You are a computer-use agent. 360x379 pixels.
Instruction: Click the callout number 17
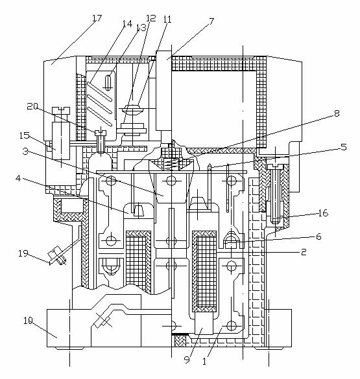pos(96,18)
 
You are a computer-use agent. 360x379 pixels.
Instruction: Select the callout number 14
pos(127,24)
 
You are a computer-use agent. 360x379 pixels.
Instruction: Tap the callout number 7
pos(211,21)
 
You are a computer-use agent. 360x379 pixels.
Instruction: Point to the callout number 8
pos(337,113)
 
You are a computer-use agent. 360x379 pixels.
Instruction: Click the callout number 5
pos(344,146)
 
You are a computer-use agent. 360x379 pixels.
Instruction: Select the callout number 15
pos(25,135)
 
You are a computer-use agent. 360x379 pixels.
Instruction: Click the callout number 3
pos(25,152)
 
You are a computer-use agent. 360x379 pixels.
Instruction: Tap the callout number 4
pos(18,178)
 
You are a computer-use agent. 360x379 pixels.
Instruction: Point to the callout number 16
pos(323,213)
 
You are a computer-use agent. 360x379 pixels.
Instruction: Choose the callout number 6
pos(318,236)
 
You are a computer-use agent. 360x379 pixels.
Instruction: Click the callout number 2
pos(304,252)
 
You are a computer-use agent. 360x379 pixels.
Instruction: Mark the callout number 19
pos(23,253)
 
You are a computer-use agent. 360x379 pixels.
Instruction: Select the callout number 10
pos(29,321)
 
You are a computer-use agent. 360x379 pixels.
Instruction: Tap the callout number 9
pos(187,360)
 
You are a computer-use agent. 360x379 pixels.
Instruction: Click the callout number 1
pos(204,362)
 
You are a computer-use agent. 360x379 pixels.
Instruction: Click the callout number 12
pos(151,17)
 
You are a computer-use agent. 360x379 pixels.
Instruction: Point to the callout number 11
pos(167,19)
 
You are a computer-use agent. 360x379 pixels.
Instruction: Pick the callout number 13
pos(141,28)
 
